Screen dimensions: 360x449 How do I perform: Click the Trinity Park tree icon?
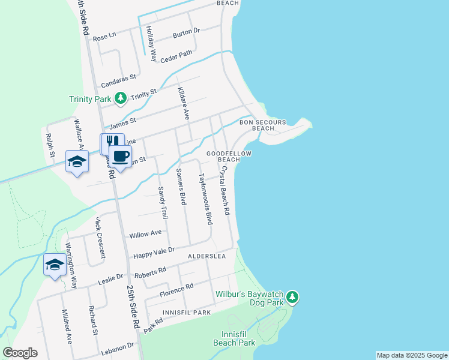coord(121,98)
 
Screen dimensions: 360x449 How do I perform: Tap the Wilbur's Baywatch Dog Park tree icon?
coord(292,296)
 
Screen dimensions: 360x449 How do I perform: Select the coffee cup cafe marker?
coord(120,156)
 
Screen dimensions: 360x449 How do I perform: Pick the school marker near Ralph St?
coord(77,161)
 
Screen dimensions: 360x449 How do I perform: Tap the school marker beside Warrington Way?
coord(55,265)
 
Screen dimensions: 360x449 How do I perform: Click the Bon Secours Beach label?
coord(257,125)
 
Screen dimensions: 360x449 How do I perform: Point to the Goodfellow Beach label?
coord(229,157)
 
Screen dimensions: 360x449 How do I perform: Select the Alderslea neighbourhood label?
coord(206,256)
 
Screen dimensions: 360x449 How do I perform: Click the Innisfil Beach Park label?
coord(234,338)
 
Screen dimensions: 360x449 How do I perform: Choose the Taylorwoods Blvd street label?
coord(206,199)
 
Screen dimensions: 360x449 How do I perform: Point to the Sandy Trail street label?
coord(162,202)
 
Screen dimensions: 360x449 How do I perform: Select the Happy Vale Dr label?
coord(154,252)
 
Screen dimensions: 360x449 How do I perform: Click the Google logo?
coord(20,353)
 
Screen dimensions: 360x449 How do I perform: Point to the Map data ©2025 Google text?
coord(411,355)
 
